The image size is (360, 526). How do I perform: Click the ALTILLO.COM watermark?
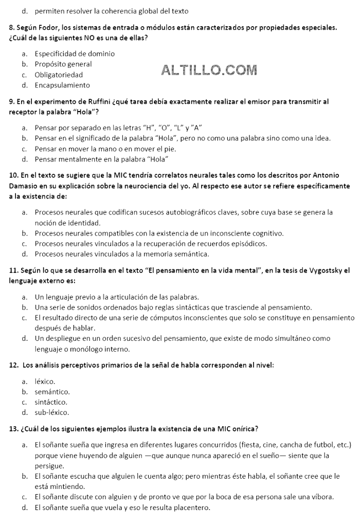[x=209, y=70]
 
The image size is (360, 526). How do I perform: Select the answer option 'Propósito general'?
[x=63, y=64]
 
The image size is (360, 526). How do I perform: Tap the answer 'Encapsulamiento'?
[x=62, y=85]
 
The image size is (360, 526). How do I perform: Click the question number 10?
[x=14, y=175]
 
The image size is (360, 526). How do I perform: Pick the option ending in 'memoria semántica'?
[x=121, y=254]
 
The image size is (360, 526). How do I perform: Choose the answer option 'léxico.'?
[x=45, y=382]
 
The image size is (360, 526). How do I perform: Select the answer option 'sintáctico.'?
[x=51, y=402]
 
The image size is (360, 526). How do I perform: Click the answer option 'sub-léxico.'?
[x=51, y=412]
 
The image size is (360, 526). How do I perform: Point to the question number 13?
[x=14, y=428]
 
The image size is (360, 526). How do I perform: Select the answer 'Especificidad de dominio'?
[x=75, y=54]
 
